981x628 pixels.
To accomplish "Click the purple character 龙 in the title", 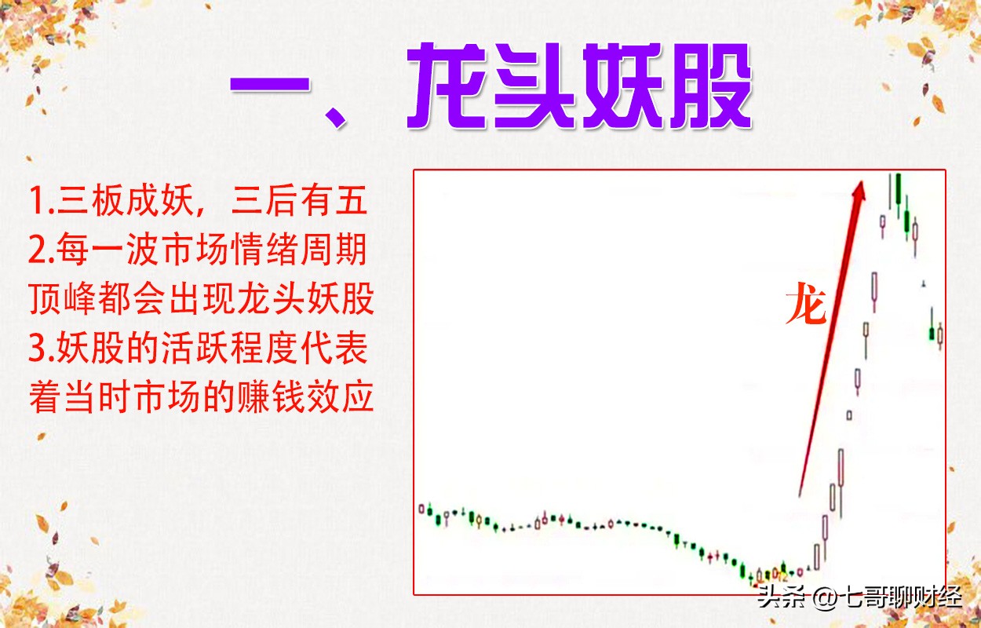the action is coord(447,85).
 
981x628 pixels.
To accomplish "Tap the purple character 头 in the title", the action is coord(535,85).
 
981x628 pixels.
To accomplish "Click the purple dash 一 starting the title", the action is coord(270,85).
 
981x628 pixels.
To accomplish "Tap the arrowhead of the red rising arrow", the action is coord(859,192).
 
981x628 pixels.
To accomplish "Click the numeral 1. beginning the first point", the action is coord(42,201).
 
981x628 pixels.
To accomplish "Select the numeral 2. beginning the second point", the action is coord(42,250).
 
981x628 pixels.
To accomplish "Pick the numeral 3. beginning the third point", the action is coord(42,349).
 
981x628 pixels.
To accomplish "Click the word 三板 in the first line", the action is coord(90,201).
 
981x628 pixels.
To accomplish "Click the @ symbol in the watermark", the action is coord(826,597).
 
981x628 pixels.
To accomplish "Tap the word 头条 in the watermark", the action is coord(782,597).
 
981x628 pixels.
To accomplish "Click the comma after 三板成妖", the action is coord(201,212).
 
